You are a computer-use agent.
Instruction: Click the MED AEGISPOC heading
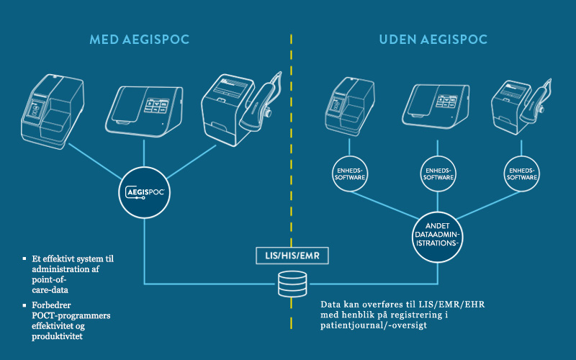tap(140, 39)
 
